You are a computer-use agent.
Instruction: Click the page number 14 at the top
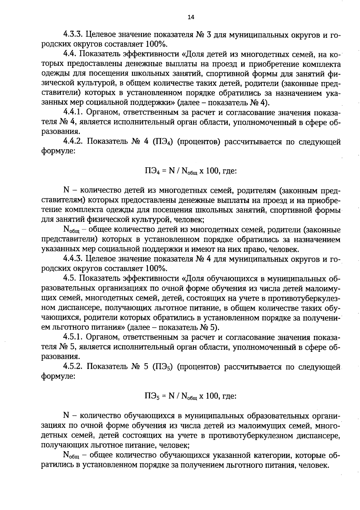pyautogui.click(x=191, y=17)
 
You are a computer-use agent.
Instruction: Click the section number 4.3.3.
pyautogui.click(x=73, y=34)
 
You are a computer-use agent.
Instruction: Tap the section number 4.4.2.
pyautogui.click(x=73, y=141)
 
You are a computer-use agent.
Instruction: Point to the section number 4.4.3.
pyautogui.click(x=73, y=258)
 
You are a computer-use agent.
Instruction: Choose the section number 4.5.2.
pyautogui.click(x=73, y=367)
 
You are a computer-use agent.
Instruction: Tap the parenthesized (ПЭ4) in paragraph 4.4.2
pyautogui.click(x=163, y=142)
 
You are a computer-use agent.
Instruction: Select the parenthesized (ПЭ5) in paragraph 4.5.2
pyautogui.click(x=163, y=367)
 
